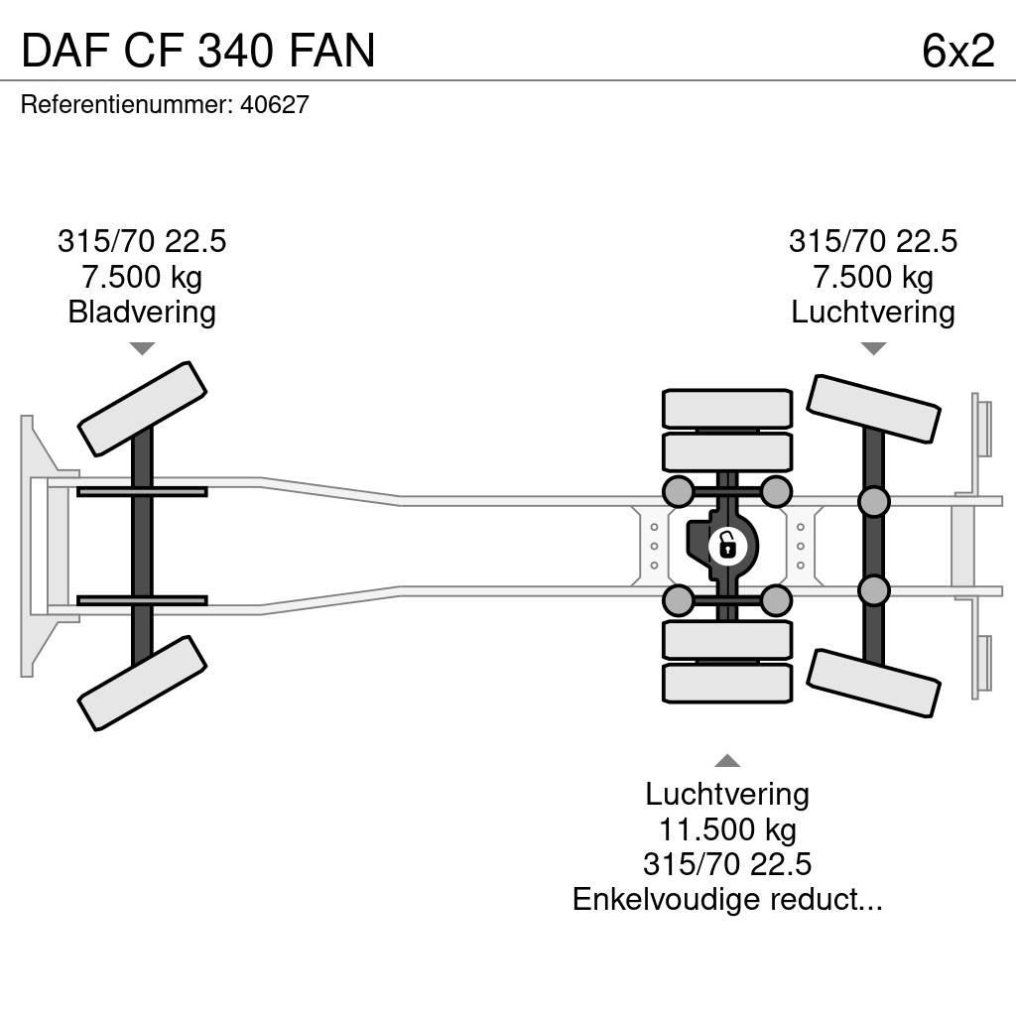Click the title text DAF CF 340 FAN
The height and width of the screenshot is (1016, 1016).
[x=198, y=50]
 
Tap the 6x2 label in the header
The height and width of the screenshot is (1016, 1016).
[x=957, y=50]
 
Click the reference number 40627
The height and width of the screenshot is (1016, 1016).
[x=275, y=104]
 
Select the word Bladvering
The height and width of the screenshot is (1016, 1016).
[x=142, y=313]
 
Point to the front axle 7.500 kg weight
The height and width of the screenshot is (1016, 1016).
[x=142, y=277]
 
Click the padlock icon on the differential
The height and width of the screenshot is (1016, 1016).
[x=726, y=545]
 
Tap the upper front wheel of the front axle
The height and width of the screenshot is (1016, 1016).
[x=142, y=408]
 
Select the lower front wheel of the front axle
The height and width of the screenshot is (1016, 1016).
[x=142, y=683]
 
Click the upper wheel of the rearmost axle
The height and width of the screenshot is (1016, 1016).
[x=873, y=408]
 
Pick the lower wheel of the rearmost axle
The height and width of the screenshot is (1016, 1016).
[x=873, y=683]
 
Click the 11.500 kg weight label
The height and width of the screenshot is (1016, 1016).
[x=727, y=828]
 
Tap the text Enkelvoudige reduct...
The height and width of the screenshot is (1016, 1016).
[x=727, y=900]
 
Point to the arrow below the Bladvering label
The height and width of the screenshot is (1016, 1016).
[x=142, y=348]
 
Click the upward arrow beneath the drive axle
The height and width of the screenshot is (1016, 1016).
[x=727, y=761]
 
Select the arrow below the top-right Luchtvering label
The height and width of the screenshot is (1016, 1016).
[x=873, y=348]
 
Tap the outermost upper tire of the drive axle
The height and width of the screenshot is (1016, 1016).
[x=727, y=408]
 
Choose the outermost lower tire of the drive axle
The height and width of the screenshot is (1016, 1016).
[x=727, y=683]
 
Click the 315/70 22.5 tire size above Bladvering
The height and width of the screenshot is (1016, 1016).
[x=142, y=241]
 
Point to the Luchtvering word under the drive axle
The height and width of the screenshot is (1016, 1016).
[x=727, y=794]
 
